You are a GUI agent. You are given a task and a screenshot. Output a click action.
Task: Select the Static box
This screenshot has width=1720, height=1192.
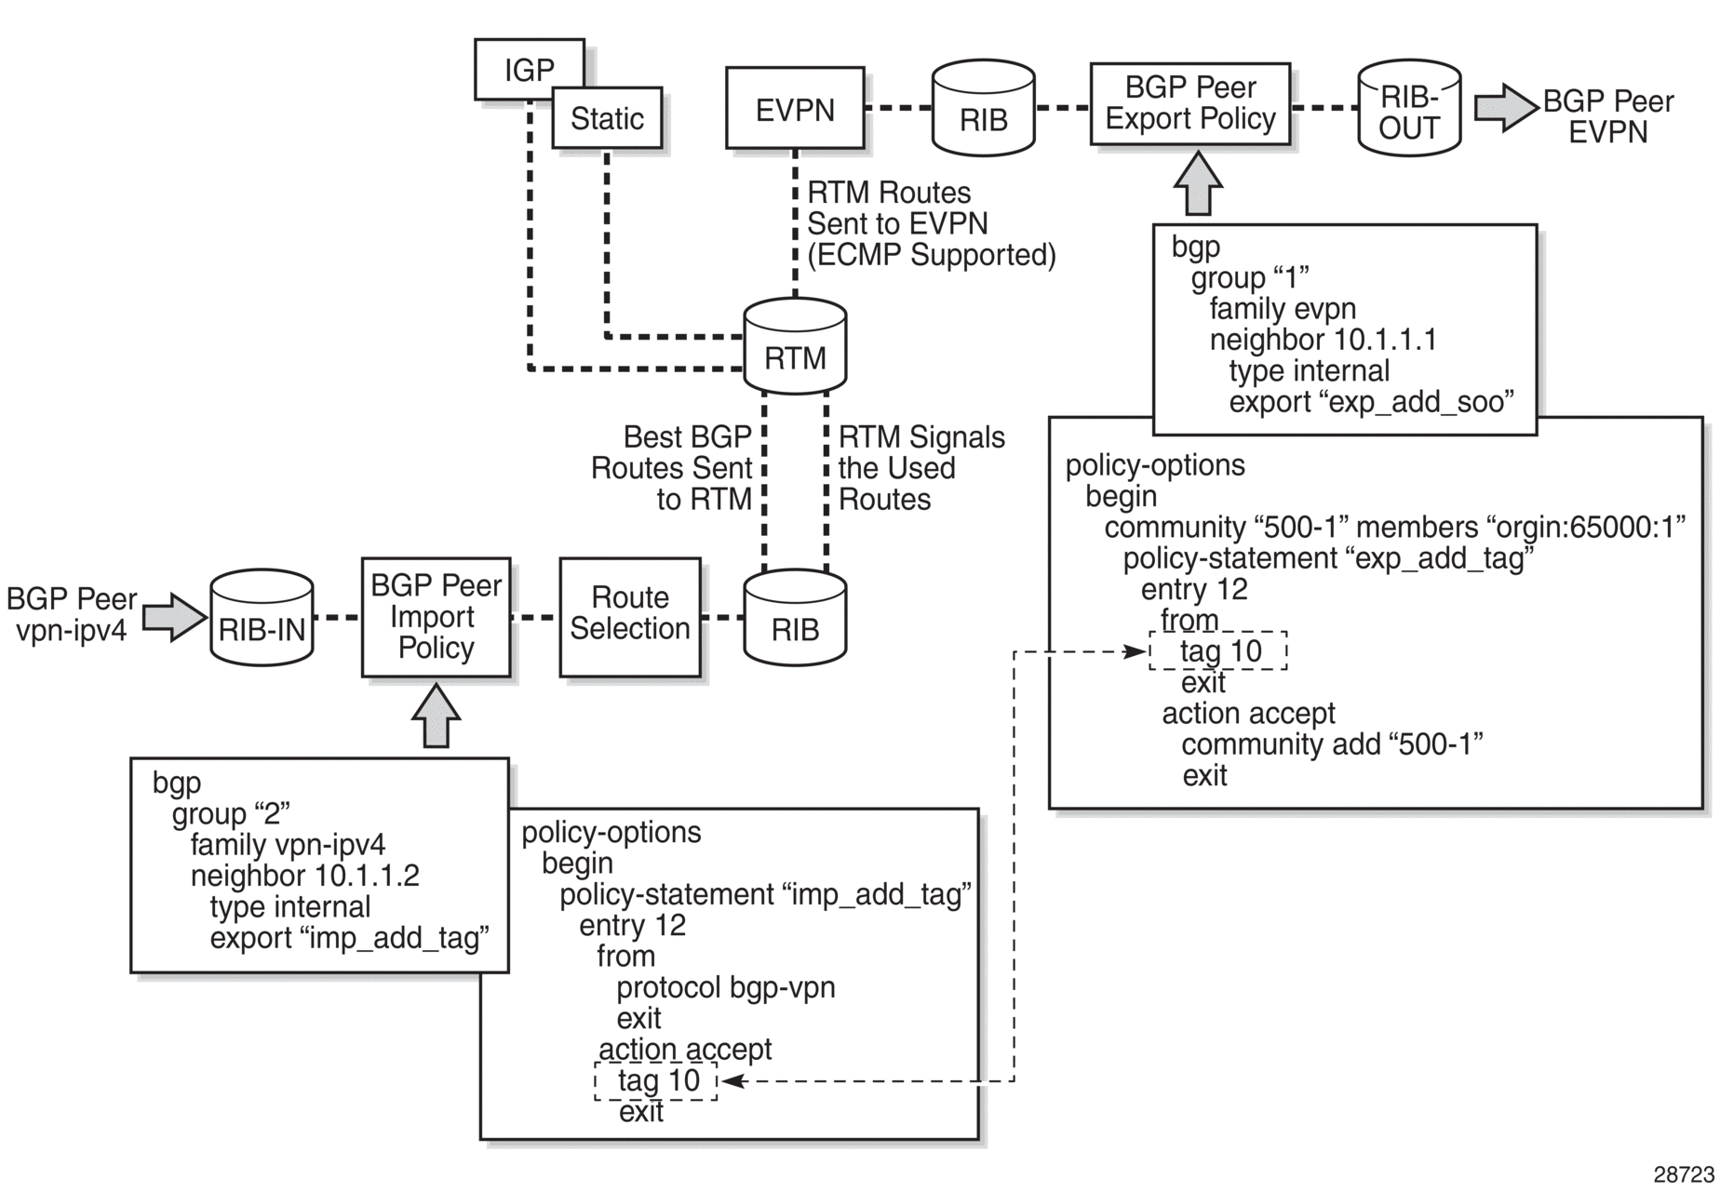(x=607, y=118)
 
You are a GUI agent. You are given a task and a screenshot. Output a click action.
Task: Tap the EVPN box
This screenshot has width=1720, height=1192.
(x=795, y=108)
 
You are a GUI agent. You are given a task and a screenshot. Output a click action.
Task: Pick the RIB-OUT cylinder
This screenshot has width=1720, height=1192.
(x=1409, y=109)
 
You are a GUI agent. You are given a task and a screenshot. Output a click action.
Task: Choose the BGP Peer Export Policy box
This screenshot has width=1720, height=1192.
(x=1190, y=104)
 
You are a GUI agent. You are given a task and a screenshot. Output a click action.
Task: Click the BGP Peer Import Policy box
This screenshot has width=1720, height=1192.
(x=436, y=617)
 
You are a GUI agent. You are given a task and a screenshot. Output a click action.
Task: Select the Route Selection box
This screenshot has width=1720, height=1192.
(x=630, y=617)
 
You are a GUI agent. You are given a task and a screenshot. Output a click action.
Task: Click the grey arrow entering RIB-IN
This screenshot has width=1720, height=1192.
(x=174, y=617)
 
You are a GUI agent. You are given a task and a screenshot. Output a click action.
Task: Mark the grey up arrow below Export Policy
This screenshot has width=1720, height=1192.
(x=1198, y=184)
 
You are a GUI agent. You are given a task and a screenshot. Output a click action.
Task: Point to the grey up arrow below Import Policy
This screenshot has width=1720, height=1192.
(x=436, y=717)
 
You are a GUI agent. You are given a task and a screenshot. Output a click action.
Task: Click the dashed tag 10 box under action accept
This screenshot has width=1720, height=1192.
(x=656, y=1081)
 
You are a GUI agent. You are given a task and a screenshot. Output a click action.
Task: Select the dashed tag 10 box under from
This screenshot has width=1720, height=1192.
(x=1218, y=650)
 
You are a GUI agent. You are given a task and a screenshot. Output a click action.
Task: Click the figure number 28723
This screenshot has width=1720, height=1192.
(x=1683, y=1174)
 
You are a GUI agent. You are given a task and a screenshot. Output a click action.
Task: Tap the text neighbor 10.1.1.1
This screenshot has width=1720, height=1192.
(x=1323, y=340)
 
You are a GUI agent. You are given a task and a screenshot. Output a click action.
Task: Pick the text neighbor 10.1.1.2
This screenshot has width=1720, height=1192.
(x=304, y=876)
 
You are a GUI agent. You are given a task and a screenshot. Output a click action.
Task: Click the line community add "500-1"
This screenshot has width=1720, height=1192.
(x=1331, y=744)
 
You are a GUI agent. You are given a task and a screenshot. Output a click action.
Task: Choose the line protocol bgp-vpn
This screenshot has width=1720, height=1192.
(x=725, y=987)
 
